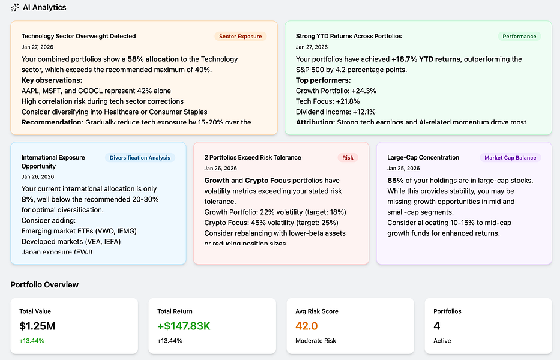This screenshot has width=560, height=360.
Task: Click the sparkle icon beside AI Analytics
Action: [x=15, y=8]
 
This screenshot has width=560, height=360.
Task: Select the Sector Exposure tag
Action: [x=240, y=36]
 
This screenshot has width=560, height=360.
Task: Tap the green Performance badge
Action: [x=519, y=36]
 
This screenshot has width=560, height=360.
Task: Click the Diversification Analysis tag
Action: [x=140, y=158]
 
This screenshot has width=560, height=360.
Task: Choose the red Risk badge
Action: [x=348, y=158]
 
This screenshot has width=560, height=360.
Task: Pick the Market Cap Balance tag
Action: [x=510, y=158]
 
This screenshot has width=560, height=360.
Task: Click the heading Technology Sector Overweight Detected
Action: [x=79, y=36]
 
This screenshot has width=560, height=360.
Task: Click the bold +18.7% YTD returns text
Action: [x=426, y=59]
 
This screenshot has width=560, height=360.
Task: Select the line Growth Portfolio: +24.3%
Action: [x=336, y=91]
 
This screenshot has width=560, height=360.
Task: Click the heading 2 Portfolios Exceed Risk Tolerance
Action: [x=253, y=158]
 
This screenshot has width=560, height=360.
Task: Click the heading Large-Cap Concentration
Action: [x=423, y=158]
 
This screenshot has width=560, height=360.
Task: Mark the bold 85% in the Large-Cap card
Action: [x=395, y=180]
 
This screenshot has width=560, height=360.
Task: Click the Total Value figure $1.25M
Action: [x=38, y=326]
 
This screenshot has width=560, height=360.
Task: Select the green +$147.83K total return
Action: [x=184, y=326]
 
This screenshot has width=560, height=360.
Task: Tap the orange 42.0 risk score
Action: [x=306, y=326]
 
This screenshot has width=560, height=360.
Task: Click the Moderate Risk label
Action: [x=316, y=341]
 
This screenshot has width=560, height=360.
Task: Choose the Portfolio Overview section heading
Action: [x=44, y=284]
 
